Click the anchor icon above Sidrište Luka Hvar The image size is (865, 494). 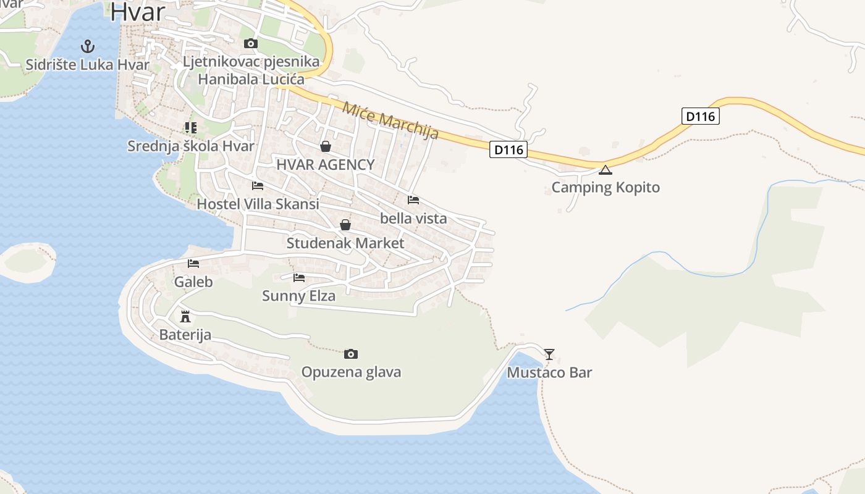88,46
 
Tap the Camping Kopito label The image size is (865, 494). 605,188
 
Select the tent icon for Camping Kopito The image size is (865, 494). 605,170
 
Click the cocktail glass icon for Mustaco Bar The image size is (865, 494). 549,354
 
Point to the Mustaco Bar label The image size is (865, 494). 549,372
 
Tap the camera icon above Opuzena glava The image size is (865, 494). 351,354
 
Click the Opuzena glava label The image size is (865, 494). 351,372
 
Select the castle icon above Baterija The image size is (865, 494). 185,317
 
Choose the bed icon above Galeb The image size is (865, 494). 193,264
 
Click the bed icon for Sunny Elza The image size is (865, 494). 299,278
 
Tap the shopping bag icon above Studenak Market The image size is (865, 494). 345,225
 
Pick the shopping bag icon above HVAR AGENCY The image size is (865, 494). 326,146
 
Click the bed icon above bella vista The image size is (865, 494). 413,200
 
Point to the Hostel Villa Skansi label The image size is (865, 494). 258,204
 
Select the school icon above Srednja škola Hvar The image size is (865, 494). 191,128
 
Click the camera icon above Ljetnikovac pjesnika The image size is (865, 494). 251,43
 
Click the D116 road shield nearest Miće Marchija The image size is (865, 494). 508,149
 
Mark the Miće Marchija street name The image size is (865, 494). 390,120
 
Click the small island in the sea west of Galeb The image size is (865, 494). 26,262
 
